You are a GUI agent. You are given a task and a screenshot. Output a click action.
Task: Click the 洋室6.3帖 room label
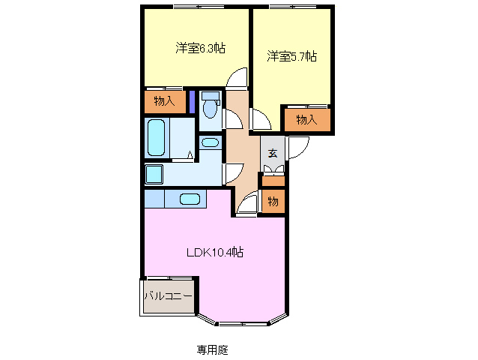200,48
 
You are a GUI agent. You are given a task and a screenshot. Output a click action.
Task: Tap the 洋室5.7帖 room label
291,56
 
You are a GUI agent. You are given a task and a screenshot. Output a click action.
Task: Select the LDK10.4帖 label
215,252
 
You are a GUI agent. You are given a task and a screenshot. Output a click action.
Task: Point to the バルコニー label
169,296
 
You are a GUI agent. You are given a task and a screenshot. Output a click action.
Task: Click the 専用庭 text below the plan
212,349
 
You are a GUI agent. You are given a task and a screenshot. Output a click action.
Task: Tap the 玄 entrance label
273,153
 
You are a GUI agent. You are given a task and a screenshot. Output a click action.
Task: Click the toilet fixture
210,105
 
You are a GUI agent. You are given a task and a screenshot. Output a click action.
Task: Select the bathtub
157,137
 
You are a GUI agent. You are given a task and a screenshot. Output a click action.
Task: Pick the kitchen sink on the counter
190,199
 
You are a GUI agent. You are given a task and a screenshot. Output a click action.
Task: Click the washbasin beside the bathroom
211,142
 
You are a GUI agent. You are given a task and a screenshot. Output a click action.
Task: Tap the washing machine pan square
154,175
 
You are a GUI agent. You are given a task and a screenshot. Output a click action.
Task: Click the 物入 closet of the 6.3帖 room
165,101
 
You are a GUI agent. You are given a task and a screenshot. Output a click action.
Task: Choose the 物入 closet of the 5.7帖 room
307,120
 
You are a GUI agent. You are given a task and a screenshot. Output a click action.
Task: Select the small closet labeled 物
273,201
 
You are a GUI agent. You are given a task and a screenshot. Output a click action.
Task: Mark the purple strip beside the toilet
192,101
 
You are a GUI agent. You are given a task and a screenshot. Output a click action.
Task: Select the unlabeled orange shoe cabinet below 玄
273,181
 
